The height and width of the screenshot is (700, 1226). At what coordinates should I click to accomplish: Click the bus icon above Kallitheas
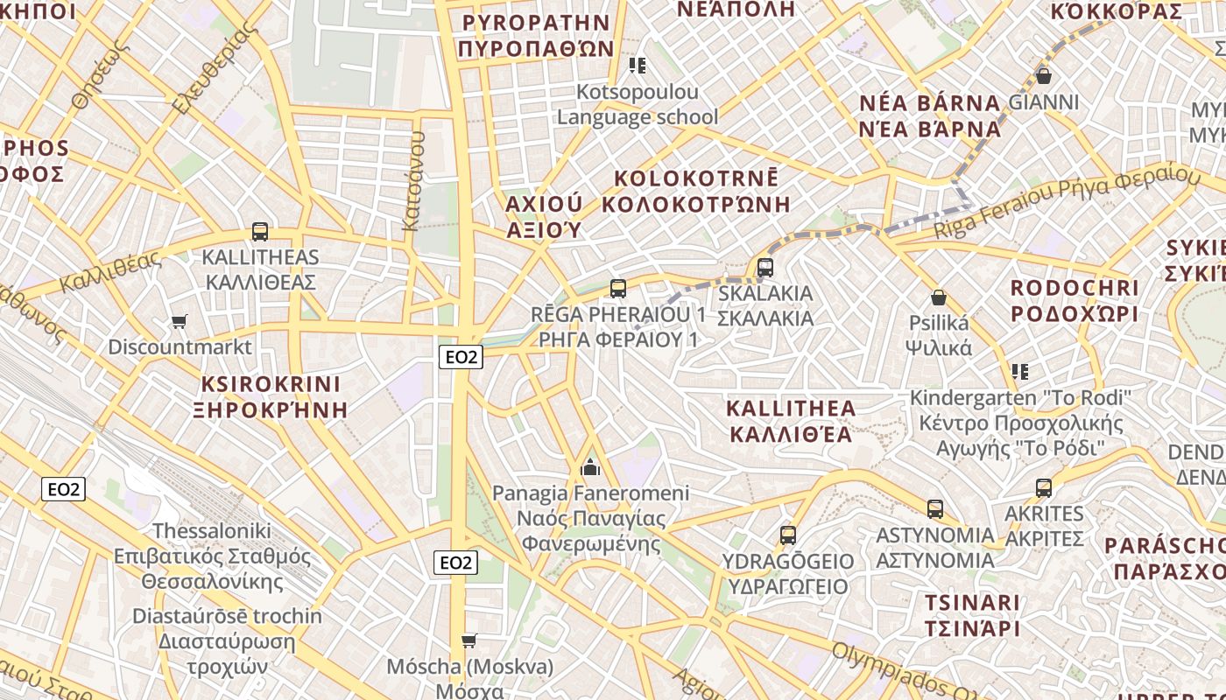(260, 232)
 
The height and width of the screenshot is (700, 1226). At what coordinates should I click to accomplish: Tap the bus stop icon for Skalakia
(765, 267)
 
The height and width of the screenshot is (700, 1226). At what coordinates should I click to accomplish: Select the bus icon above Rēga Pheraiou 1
(618, 288)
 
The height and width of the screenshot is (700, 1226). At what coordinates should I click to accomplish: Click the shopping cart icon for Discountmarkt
(180, 321)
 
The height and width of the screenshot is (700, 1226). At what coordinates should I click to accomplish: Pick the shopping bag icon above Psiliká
(939, 297)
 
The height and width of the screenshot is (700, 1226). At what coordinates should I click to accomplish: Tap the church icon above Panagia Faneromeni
(590, 467)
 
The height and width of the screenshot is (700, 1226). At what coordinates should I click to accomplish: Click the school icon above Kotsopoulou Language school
(638, 66)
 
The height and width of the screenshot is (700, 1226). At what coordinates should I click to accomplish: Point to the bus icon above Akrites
(1044, 487)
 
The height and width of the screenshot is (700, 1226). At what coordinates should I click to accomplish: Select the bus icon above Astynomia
(935, 508)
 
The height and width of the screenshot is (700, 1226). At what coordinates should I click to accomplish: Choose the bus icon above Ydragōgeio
(788, 535)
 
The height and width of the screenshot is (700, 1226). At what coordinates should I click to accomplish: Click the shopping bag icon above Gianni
(1043, 76)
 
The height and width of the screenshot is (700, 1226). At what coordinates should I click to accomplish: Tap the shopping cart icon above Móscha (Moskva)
(469, 640)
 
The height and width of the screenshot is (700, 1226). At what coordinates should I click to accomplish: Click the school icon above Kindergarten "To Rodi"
(1020, 372)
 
